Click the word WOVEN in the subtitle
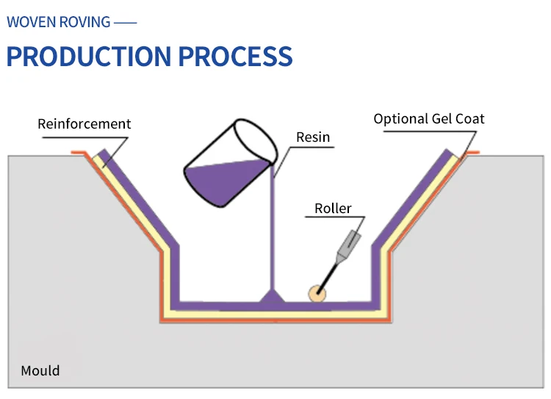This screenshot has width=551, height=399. [29, 21]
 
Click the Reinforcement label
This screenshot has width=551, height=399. [84, 123]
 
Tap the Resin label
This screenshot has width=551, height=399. [313, 137]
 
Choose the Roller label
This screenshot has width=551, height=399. [333, 208]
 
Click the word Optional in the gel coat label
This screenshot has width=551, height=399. [401, 118]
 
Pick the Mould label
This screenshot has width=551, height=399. [40, 370]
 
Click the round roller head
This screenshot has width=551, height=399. [317, 293]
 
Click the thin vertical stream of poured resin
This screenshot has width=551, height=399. [273, 235]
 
